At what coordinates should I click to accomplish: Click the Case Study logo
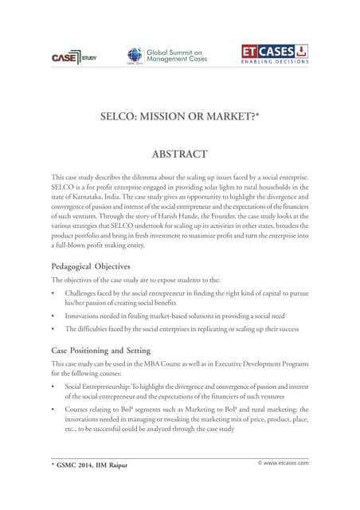pyautogui.click(x=73, y=57)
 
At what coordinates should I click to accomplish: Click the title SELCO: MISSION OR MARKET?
pyautogui.click(x=179, y=114)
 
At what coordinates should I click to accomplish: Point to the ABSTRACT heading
pyautogui.click(x=179, y=154)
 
